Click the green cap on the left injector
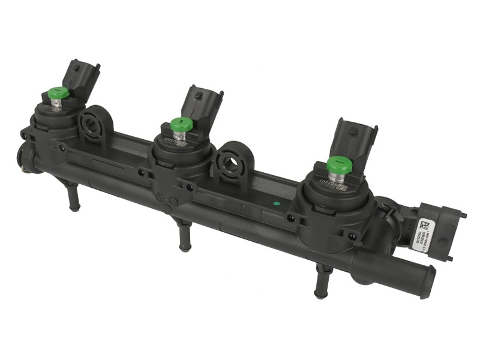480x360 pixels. tap(58, 93)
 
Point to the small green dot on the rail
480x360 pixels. tap(275, 203)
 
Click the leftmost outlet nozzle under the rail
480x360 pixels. tap(73, 198)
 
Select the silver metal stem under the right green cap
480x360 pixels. tap(338, 175)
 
